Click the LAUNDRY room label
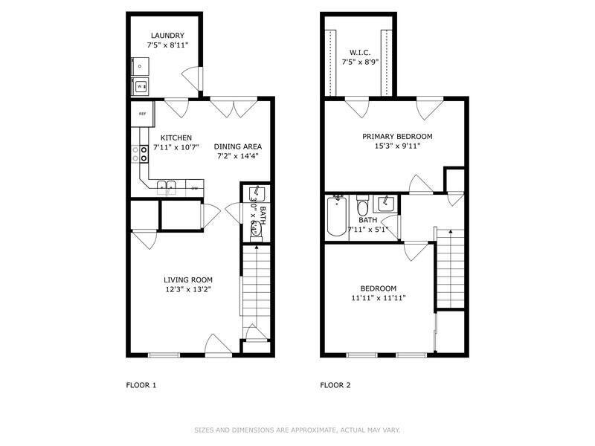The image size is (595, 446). pyautogui.click(x=167, y=35)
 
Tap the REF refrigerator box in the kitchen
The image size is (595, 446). pyautogui.click(x=142, y=114)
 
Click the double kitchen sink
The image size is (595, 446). pyautogui.click(x=166, y=186)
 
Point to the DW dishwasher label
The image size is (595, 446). pyautogui.click(x=194, y=188)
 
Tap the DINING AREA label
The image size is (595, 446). pyautogui.click(x=238, y=146)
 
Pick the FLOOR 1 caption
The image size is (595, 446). pyautogui.click(x=141, y=385)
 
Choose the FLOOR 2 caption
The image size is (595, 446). pyautogui.click(x=335, y=385)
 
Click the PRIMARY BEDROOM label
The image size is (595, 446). pyautogui.click(x=397, y=136)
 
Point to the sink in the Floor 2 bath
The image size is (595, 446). pyautogui.click(x=385, y=202)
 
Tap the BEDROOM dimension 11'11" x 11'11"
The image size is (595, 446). pyautogui.click(x=378, y=298)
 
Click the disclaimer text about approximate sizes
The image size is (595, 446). pyautogui.click(x=297, y=430)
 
